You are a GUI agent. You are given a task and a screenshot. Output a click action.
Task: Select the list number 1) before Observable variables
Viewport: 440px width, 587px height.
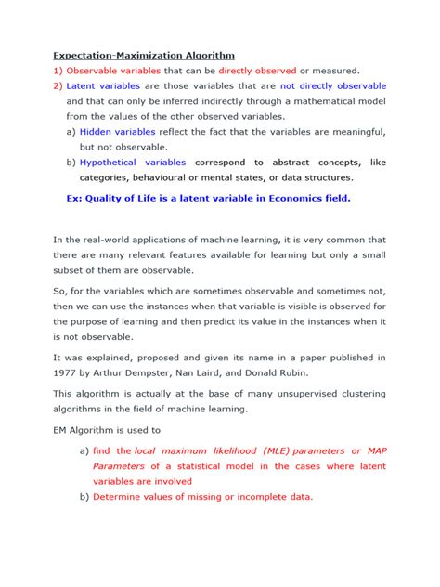pyautogui.click(x=58, y=71)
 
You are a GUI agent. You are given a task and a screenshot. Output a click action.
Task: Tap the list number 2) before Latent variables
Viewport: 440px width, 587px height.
pyautogui.click(x=58, y=85)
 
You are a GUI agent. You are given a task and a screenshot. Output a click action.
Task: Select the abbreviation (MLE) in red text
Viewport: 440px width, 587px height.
pyautogui.click(x=269, y=450)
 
